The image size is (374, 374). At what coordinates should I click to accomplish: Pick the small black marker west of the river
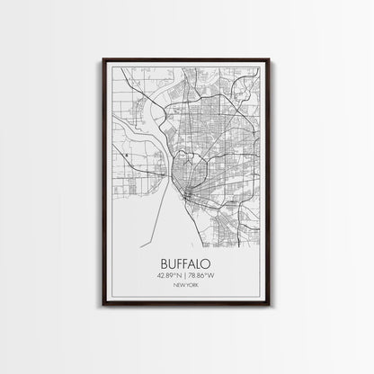point(129,156)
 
